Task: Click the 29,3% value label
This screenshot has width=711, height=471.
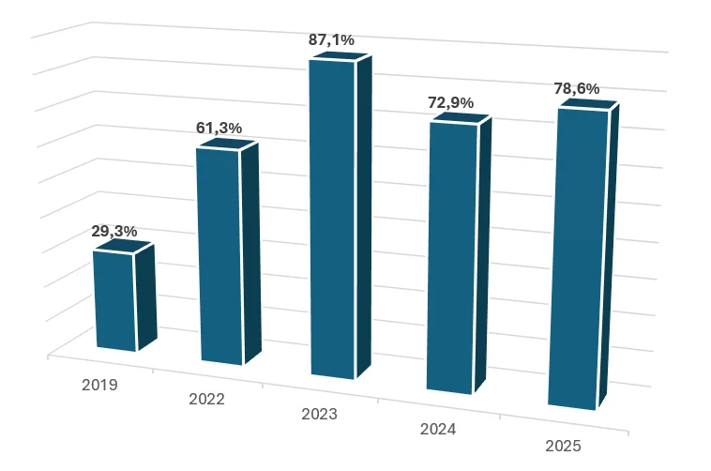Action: (x=114, y=230)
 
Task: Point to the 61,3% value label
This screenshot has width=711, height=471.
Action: (x=219, y=128)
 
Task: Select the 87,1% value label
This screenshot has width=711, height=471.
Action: (x=331, y=39)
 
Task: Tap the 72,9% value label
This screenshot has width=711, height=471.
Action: (x=451, y=102)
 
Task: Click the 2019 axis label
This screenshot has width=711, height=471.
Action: (x=99, y=385)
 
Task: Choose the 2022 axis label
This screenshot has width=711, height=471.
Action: (x=206, y=399)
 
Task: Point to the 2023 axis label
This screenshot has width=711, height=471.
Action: (x=319, y=413)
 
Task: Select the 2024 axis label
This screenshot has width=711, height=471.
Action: (x=437, y=429)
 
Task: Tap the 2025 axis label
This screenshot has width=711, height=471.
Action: (x=563, y=446)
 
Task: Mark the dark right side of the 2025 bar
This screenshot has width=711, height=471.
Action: (x=608, y=253)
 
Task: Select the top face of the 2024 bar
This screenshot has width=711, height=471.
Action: (x=460, y=119)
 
